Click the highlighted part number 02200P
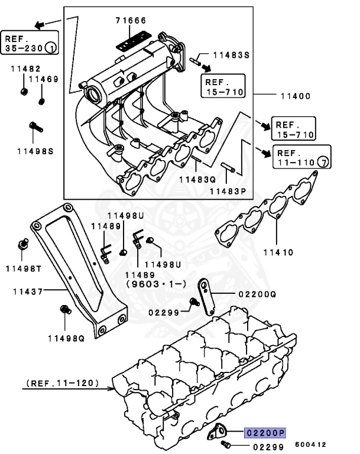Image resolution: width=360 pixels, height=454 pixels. [x=265, y=433]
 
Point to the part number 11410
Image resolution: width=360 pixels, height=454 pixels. [x=278, y=252]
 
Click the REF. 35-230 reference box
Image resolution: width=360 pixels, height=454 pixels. [x=30, y=41]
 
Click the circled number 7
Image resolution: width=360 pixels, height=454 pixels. [x=323, y=161]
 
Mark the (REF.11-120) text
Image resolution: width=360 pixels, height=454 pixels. [x=63, y=384]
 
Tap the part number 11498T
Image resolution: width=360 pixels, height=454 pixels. [x=24, y=268]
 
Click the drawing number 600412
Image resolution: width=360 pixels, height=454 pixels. [x=310, y=444]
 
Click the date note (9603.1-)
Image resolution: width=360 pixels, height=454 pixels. [x=147, y=284]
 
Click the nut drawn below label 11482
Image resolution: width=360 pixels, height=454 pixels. [x=22, y=91]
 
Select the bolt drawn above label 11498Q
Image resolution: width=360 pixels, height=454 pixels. [x=65, y=310]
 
